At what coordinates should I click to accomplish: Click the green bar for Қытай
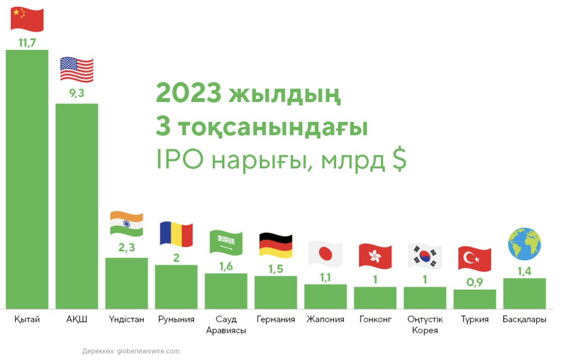pyautogui.click(x=27, y=179)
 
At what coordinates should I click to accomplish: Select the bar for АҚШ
pyautogui.click(x=77, y=206)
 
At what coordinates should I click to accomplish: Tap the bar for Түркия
pyautogui.click(x=475, y=299)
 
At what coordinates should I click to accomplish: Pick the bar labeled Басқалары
pyautogui.click(x=524, y=294)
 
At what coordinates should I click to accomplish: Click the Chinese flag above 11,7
pyautogui.click(x=27, y=20)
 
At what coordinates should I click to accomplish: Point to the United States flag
pyautogui.click(x=77, y=69)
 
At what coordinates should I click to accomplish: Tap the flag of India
pyautogui.click(x=126, y=224)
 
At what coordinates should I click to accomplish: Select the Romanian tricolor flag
pyautogui.click(x=176, y=234)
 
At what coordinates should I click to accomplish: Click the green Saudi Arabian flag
pyautogui.click(x=226, y=243)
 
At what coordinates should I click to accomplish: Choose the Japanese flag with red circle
pyautogui.click(x=325, y=254)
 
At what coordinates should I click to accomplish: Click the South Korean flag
pyautogui.click(x=425, y=256)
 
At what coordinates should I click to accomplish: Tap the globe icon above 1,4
pyautogui.click(x=524, y=244)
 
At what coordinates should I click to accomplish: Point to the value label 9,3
pyautogui.click(x=77, y=93)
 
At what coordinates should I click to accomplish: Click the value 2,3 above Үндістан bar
pyautogui.click(x=127, y=247)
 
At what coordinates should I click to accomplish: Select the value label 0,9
pyautogui.click(x=475, y=283)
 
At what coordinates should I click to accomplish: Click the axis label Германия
pyautogui.click(x=276, y=319)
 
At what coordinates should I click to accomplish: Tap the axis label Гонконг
pyautogui.click(x=375, y=319)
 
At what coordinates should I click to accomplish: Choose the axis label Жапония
pyautogui.click(x=325, y=319)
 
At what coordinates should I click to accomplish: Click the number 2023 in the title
pyautogui.click(x=188, y=93)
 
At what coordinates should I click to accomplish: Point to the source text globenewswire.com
pyautogui.click(x=148, y=351)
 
